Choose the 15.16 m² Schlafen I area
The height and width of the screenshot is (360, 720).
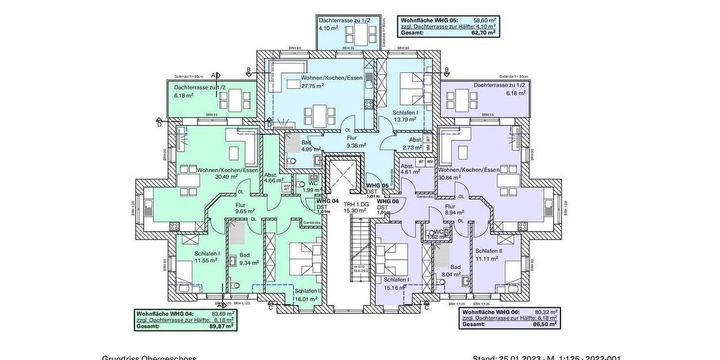(393, 287)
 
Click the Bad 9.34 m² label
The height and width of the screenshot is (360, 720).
(248, 259)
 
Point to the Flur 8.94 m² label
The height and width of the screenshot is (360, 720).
(454, 209)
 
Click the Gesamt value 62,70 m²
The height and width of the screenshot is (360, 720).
(484, 33)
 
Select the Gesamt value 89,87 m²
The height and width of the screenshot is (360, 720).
(221, 327)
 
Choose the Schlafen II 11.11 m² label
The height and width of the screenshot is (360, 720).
(487, 254)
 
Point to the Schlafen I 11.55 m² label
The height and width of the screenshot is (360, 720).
(207, 257)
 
